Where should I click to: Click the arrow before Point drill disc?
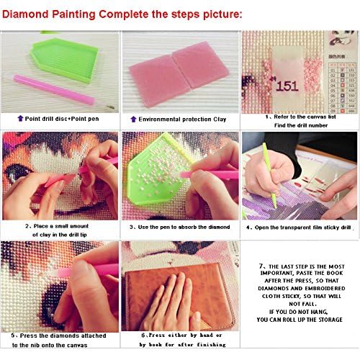click(x=19, y=117)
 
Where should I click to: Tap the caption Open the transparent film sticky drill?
click(x=300, y=227)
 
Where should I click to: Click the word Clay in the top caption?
click(x=216, y=117)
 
